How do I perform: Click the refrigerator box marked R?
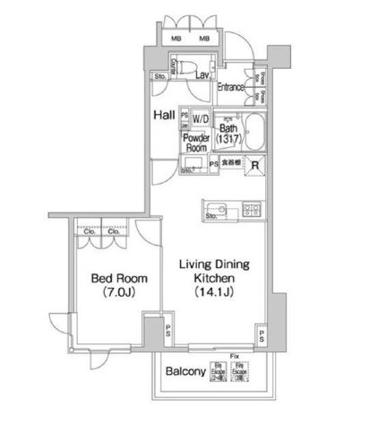pyautogui.click(x=255, y=164)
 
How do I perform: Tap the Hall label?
pyautogui.click(x=163, y=115)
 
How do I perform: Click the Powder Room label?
pyautogui.click(x=196, y=143)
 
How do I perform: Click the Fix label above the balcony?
pyautogui.click(x=235, y=355)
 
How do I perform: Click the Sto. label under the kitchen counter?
pyautogui.click(x=212, y=216)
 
